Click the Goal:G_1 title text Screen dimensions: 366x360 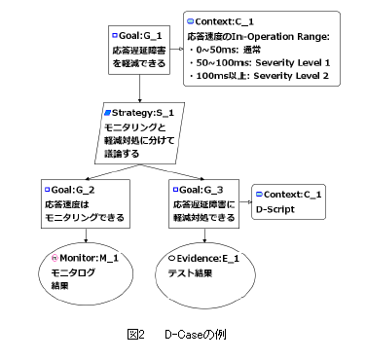pyautogui.click(x=140, y=36)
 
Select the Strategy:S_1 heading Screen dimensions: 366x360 pyautogui.click(x=143, y=113)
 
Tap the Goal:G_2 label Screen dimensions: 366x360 pyautogui.click(x=73, y=190)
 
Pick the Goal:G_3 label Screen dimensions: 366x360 pyautogui.click(x=201, y=190)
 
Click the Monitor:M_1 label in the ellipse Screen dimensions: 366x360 pyautogui.click(x=90, y=258)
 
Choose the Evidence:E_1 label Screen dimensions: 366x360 pyautogui.click(x=208, y=259)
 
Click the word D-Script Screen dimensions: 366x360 pyautogui.click(x=275, y=209)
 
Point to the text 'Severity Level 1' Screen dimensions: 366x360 pyautogui.click(x=293, y=62)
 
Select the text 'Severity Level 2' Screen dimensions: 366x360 pyautogui.click(x=291, y=76)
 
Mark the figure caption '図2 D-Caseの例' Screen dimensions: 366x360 pyautogui.click(x=177, y=335)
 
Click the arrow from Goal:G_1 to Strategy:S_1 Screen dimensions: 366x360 pyautogui.click(x=140, y=89)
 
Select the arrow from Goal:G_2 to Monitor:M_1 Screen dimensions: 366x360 pyautogui.click(x=86, y=235)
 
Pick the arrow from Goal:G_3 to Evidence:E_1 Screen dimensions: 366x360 pyautogui.click(x=204, y=235)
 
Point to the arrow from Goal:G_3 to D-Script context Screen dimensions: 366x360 pyautogui.click(x=245, y=202)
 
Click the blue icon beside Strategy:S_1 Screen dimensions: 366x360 pyautogui.click(x=108, y=113)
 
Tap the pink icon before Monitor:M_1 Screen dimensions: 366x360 pyautogui.click(x=55, y=258)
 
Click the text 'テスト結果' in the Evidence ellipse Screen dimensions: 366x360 pyautogui.click(x=190, y=273)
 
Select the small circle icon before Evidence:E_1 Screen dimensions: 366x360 pyautogui.click(x=171, y=259)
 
